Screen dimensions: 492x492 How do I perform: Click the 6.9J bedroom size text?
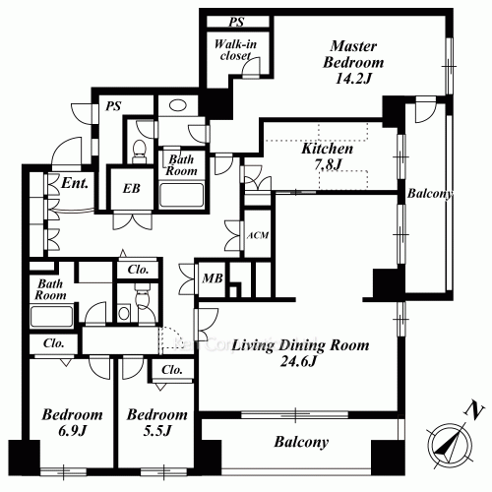click(x=73, y=431)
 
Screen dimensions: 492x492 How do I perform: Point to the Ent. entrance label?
click(x=74, y=183)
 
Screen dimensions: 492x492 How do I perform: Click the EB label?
click(x=132, y=189)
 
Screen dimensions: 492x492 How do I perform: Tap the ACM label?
click(x=256, y=235)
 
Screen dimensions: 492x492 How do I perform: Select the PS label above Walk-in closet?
click(x=236, y=21)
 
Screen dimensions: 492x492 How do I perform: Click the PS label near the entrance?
click(x=114, y=107)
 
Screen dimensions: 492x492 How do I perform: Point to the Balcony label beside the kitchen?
click(x=429, y=195)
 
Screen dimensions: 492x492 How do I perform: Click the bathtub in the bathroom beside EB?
click(x=181, y=193)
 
